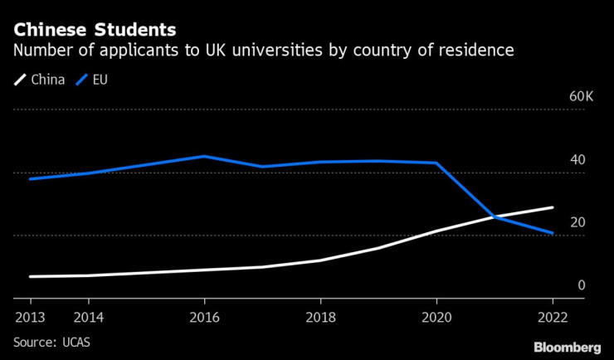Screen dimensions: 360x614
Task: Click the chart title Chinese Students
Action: click(95, 30)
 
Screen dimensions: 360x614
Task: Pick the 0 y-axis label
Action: click(581, 285)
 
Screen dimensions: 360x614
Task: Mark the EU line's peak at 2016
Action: click(204, 156)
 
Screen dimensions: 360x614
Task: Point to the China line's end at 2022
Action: click(553, 207)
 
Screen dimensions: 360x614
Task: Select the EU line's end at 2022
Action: click(553, 233)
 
